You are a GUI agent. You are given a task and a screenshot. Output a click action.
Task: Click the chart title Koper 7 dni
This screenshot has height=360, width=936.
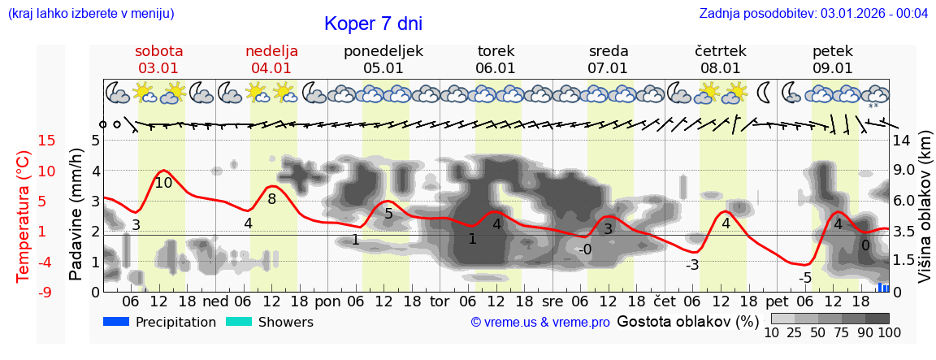373,24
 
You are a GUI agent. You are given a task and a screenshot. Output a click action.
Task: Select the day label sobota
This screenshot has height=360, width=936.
158,51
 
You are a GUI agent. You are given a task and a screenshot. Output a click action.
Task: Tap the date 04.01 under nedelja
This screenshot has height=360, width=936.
271,68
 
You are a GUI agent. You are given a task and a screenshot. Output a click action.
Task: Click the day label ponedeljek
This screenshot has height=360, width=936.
383,51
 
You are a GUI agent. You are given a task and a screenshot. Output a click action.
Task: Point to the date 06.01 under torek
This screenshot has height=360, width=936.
496,68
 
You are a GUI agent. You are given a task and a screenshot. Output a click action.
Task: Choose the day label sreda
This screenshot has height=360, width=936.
609,51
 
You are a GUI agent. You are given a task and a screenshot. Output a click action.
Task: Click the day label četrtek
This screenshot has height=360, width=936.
721,51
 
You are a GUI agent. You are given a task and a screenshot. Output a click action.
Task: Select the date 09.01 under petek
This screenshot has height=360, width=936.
833,68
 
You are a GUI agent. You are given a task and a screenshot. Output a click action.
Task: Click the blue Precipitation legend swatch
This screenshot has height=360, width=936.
116,322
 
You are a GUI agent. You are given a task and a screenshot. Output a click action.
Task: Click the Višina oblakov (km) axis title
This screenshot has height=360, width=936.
925,208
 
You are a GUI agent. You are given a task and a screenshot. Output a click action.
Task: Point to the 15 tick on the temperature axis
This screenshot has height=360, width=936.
24,141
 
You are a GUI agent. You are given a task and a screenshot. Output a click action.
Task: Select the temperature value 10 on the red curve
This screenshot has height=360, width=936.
163,183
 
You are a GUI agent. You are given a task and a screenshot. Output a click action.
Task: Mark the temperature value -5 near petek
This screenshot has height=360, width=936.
805,279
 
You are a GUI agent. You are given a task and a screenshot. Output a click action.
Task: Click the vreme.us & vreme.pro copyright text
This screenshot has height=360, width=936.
540,322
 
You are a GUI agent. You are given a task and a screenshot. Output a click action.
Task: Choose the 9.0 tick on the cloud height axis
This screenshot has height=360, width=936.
904,171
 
